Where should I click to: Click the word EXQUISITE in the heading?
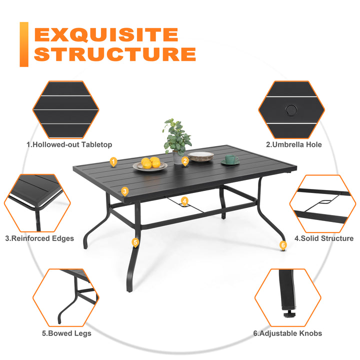point(105,34)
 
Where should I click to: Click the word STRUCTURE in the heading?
point(114,54)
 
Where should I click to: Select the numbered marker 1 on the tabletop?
point(113,161)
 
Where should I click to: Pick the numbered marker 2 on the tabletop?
point(185,160)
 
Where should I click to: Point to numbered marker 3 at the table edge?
point(124,190)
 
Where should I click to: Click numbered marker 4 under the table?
point(184,201)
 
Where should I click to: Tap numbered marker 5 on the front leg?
point(135,242)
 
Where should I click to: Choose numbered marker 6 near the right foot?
point(283,245)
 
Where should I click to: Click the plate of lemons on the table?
point(150,164)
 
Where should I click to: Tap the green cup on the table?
point(231,159)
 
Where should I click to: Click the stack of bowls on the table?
point(200,156)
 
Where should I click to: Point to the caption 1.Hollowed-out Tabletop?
point(69,144)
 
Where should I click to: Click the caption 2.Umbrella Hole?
point(293,144)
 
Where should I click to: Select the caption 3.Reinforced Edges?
point(39,238)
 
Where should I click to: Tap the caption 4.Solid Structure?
point(323,238)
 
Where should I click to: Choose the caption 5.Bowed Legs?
point(66,333)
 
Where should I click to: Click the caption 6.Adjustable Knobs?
point(293,333)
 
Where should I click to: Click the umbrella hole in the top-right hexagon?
point(290,109)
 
